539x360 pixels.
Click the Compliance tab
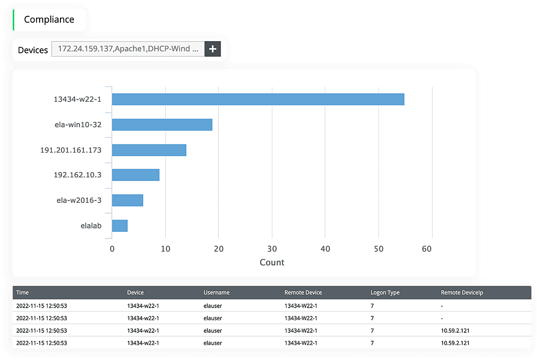(x=49, y=20)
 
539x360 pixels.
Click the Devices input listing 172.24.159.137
(x=128, y=49)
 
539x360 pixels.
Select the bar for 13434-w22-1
(x=258, y=99)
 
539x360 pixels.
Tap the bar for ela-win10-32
(x=162, y=125)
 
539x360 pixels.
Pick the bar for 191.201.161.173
(x=149, y=150)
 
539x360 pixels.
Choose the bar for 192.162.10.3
(x=136, y=175)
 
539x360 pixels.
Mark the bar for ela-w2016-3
(x=128, y=200)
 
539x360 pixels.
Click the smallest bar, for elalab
(x=120, y=226)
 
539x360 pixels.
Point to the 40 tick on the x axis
(x=326, y=249)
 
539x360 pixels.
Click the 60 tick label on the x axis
(x=432, y=249)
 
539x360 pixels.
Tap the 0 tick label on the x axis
(x=112, y=249)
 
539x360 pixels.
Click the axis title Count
(x=272, y=263)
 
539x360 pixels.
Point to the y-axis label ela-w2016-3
(x=79, y=200)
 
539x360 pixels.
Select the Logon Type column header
(x=385, y=292)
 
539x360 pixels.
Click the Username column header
(x=216, y=292)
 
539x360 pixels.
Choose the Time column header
(x=22, y=292)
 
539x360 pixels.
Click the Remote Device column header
(x=303, y=292)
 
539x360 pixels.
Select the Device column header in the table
(x=136, y=292)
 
